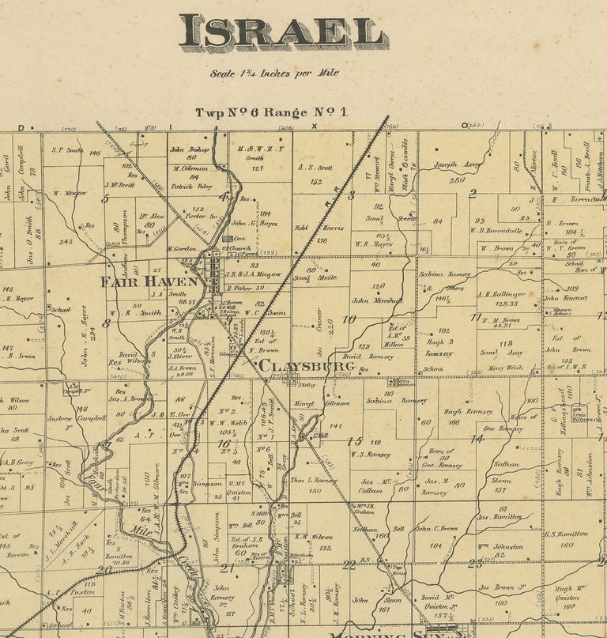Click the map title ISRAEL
tap(283, 33)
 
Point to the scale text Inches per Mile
tap(274, 73)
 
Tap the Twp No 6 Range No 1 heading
tap(272, 112)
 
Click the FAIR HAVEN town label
tap(149, 281)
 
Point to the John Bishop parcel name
tap(187, 149)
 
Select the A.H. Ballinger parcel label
tap(501, 294)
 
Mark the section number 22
tap(349, 563)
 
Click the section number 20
tap(100, 568)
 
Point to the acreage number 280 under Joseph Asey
tap(457, 179)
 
